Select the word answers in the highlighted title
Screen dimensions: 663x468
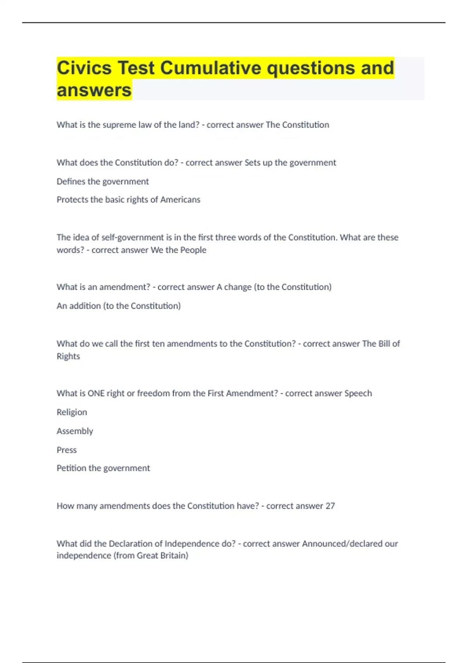click(x=94, y=90)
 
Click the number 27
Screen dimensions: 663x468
click(x=330, y=506)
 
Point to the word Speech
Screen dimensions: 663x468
click(x=358, y=393)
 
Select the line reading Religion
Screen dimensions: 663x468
click(x=72, y=412)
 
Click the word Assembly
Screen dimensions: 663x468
click(x=75, y=431)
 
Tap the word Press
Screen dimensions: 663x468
click(x=67, y=450)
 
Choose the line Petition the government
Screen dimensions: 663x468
click(x=103, y=468)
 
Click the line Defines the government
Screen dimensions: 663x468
click(x=103, y=181)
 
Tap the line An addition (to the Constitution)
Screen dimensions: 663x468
click(x=119, y=306)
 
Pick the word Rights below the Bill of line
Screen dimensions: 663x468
click(x=68, y=356)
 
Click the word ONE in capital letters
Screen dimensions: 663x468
click(x=96, y=393)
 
